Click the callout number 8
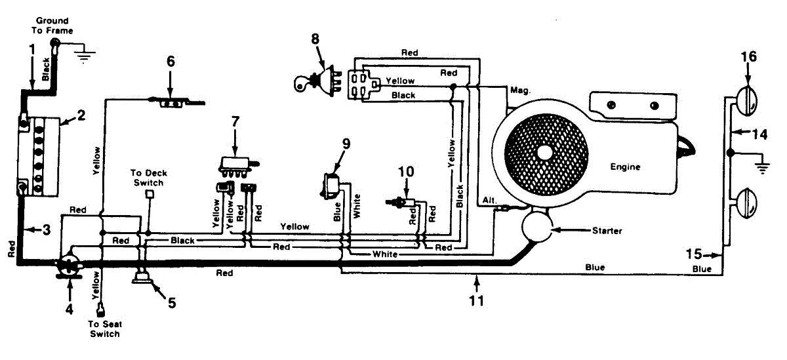click(315, 39)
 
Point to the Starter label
click(607, 231)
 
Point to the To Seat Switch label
click(104, 330)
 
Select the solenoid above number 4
click(68, 264)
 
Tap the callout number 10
click(406, 172)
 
